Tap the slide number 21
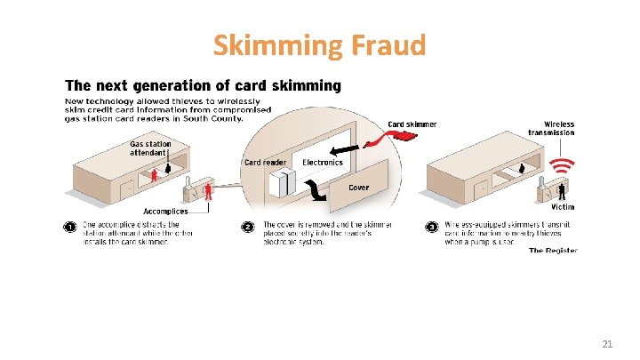tap(608, 343)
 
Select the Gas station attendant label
tap(150, 148)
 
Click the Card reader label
tap(265, 162)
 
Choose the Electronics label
tap(323, 162)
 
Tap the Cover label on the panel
tap(359, 188)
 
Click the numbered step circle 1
tap(70, 227)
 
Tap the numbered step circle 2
tap(248, 227)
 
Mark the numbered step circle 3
tap(431, 227)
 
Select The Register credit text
tap(553, 251)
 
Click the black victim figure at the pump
tap(564, 190)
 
